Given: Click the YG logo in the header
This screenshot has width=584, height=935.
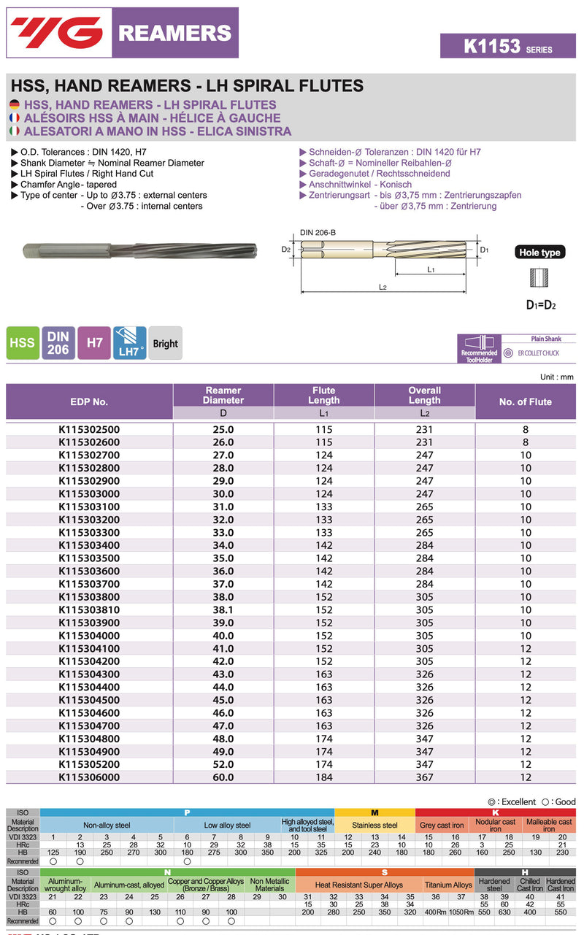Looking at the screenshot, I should [58, 33].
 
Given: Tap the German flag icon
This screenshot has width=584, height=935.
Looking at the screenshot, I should [14, 105].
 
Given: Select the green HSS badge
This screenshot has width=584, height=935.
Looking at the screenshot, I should [23, 343].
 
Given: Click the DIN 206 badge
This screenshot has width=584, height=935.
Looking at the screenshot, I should [58, 343].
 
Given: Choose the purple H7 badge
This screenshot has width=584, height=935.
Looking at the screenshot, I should [94, 343].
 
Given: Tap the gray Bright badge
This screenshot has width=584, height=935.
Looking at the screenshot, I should [165, 344].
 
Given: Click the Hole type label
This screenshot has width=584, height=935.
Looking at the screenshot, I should [539, 253].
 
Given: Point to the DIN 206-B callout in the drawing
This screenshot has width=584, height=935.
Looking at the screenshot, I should [318, 233].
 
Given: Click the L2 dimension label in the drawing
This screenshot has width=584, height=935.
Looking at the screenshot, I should [383, 288].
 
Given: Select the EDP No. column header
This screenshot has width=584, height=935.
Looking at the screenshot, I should [89, 401].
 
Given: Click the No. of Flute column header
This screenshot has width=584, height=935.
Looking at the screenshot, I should [525, 401].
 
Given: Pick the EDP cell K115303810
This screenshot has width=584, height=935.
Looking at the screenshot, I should [89, 609].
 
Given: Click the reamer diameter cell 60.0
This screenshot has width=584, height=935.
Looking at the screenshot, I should [223, 777].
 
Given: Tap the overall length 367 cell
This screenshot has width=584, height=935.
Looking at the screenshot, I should [424, 777].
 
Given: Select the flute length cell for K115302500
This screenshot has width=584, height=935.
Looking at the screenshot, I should [323, 430].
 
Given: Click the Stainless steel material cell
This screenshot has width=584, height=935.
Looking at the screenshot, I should [374, 826].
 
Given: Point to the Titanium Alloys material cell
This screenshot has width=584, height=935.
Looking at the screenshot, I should [448, 885].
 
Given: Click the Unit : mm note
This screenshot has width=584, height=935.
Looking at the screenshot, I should [558, 377].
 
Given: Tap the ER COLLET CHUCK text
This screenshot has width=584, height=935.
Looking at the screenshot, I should [539, 353].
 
